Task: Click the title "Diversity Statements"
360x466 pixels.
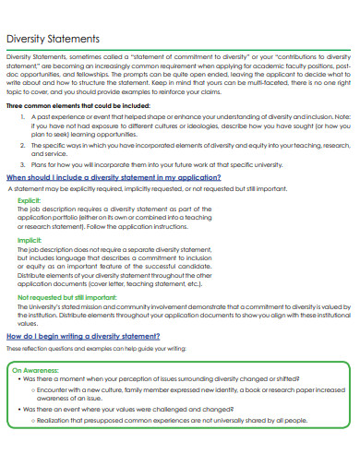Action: [54, 40]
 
